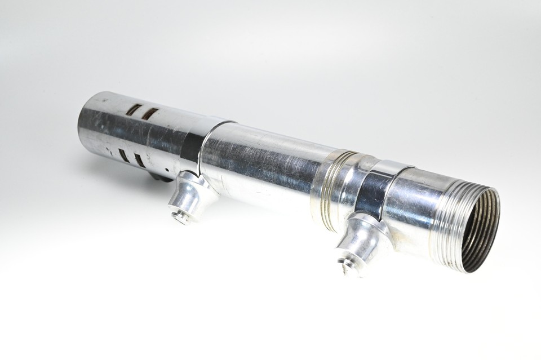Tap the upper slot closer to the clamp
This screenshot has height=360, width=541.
(x=149, y=113)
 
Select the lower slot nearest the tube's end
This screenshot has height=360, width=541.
(x=122, y=154)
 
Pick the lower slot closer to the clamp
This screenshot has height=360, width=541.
(x=139, y=159)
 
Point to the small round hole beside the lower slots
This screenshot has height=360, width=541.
(x=166, y=169)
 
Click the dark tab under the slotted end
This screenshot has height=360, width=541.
(x=161, y=177)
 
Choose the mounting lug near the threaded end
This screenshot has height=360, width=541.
(x=361, y=239)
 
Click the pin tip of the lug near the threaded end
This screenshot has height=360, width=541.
(x=345, y=265)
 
